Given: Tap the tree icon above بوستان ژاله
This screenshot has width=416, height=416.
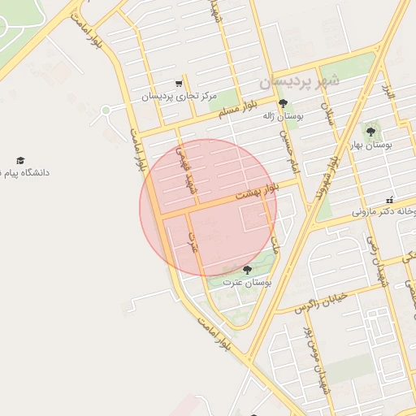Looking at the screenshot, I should [x=283, y=103].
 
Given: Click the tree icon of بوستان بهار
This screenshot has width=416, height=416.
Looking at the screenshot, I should [x=370, y=131].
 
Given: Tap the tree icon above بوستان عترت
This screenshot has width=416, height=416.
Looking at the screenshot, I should [x=247, y=270].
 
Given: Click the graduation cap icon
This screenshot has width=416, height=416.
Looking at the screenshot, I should [x=20, y=160].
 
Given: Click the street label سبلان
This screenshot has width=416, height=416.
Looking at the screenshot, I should [x=328, y=113].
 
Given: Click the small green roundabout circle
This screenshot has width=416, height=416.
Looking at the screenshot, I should [x=106, y=110].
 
